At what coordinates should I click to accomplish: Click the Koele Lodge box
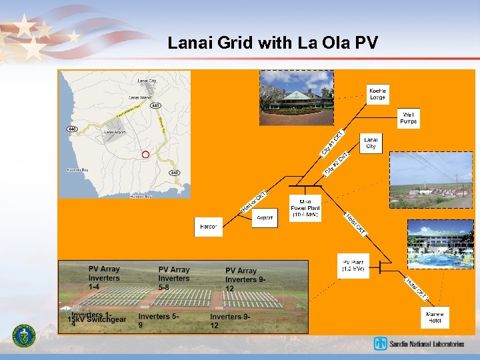pyautogui.click(x=378, y=93)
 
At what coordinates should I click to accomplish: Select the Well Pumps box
pyautogui.click(x=407, y=118)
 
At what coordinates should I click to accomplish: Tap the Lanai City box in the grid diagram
pyautogui.click(x=371, y=143)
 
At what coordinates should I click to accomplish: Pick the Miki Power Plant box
pyautogui.click(x=305, y=209)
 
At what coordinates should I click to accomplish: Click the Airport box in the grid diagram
pyautogui.click(x=265, y=218)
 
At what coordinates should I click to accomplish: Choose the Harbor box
pyautogui.click(x=209, y=227)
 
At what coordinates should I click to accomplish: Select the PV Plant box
pyautogui.click(x=353, y=265)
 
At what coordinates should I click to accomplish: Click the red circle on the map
pyautogui.click(x=145, y=155)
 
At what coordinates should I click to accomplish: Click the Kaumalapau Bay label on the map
pyautogui.click(x=78, y=170)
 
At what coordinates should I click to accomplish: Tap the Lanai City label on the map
pyautogui.click(x=147, y=81)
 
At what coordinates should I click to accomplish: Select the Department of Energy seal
pyautogui.click(x=25, y=335)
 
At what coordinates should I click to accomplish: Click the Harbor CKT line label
pyautogui.click(x=254, y=201)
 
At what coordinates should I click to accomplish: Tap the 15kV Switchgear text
pyautogui.click(x=97, y=320)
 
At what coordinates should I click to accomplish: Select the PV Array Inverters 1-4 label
pyautogui.click(x=104, y=277)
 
